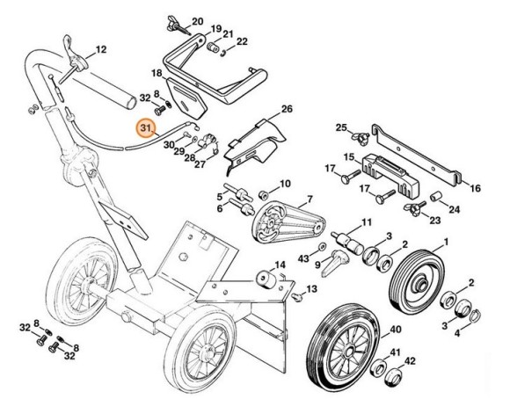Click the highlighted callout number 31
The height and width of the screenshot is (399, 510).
click(x=145, y=128)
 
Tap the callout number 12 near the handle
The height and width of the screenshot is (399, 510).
click(x=100, y=49)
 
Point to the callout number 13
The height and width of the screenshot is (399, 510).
click(x=309, y=288)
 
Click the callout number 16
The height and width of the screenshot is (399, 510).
click(x=476, y=188)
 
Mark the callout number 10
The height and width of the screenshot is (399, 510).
click(x=284, y=184)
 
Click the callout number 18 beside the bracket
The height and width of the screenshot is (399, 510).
click(x=157, y=72)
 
